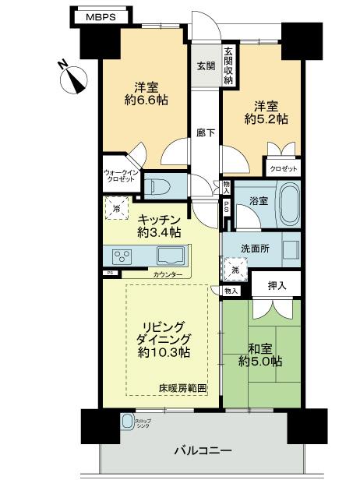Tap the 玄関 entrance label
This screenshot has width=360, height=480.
click(205, 65)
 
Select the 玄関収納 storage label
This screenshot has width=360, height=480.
click(228, 65)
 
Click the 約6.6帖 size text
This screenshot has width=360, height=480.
click(148, 100)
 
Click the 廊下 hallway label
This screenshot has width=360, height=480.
click(205, 133)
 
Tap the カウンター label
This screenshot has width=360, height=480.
click(168, 274)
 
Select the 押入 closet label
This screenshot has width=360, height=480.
click(277, 287)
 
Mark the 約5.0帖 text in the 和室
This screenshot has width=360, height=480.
click(261, 362)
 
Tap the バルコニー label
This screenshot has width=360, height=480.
click(205, 450)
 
